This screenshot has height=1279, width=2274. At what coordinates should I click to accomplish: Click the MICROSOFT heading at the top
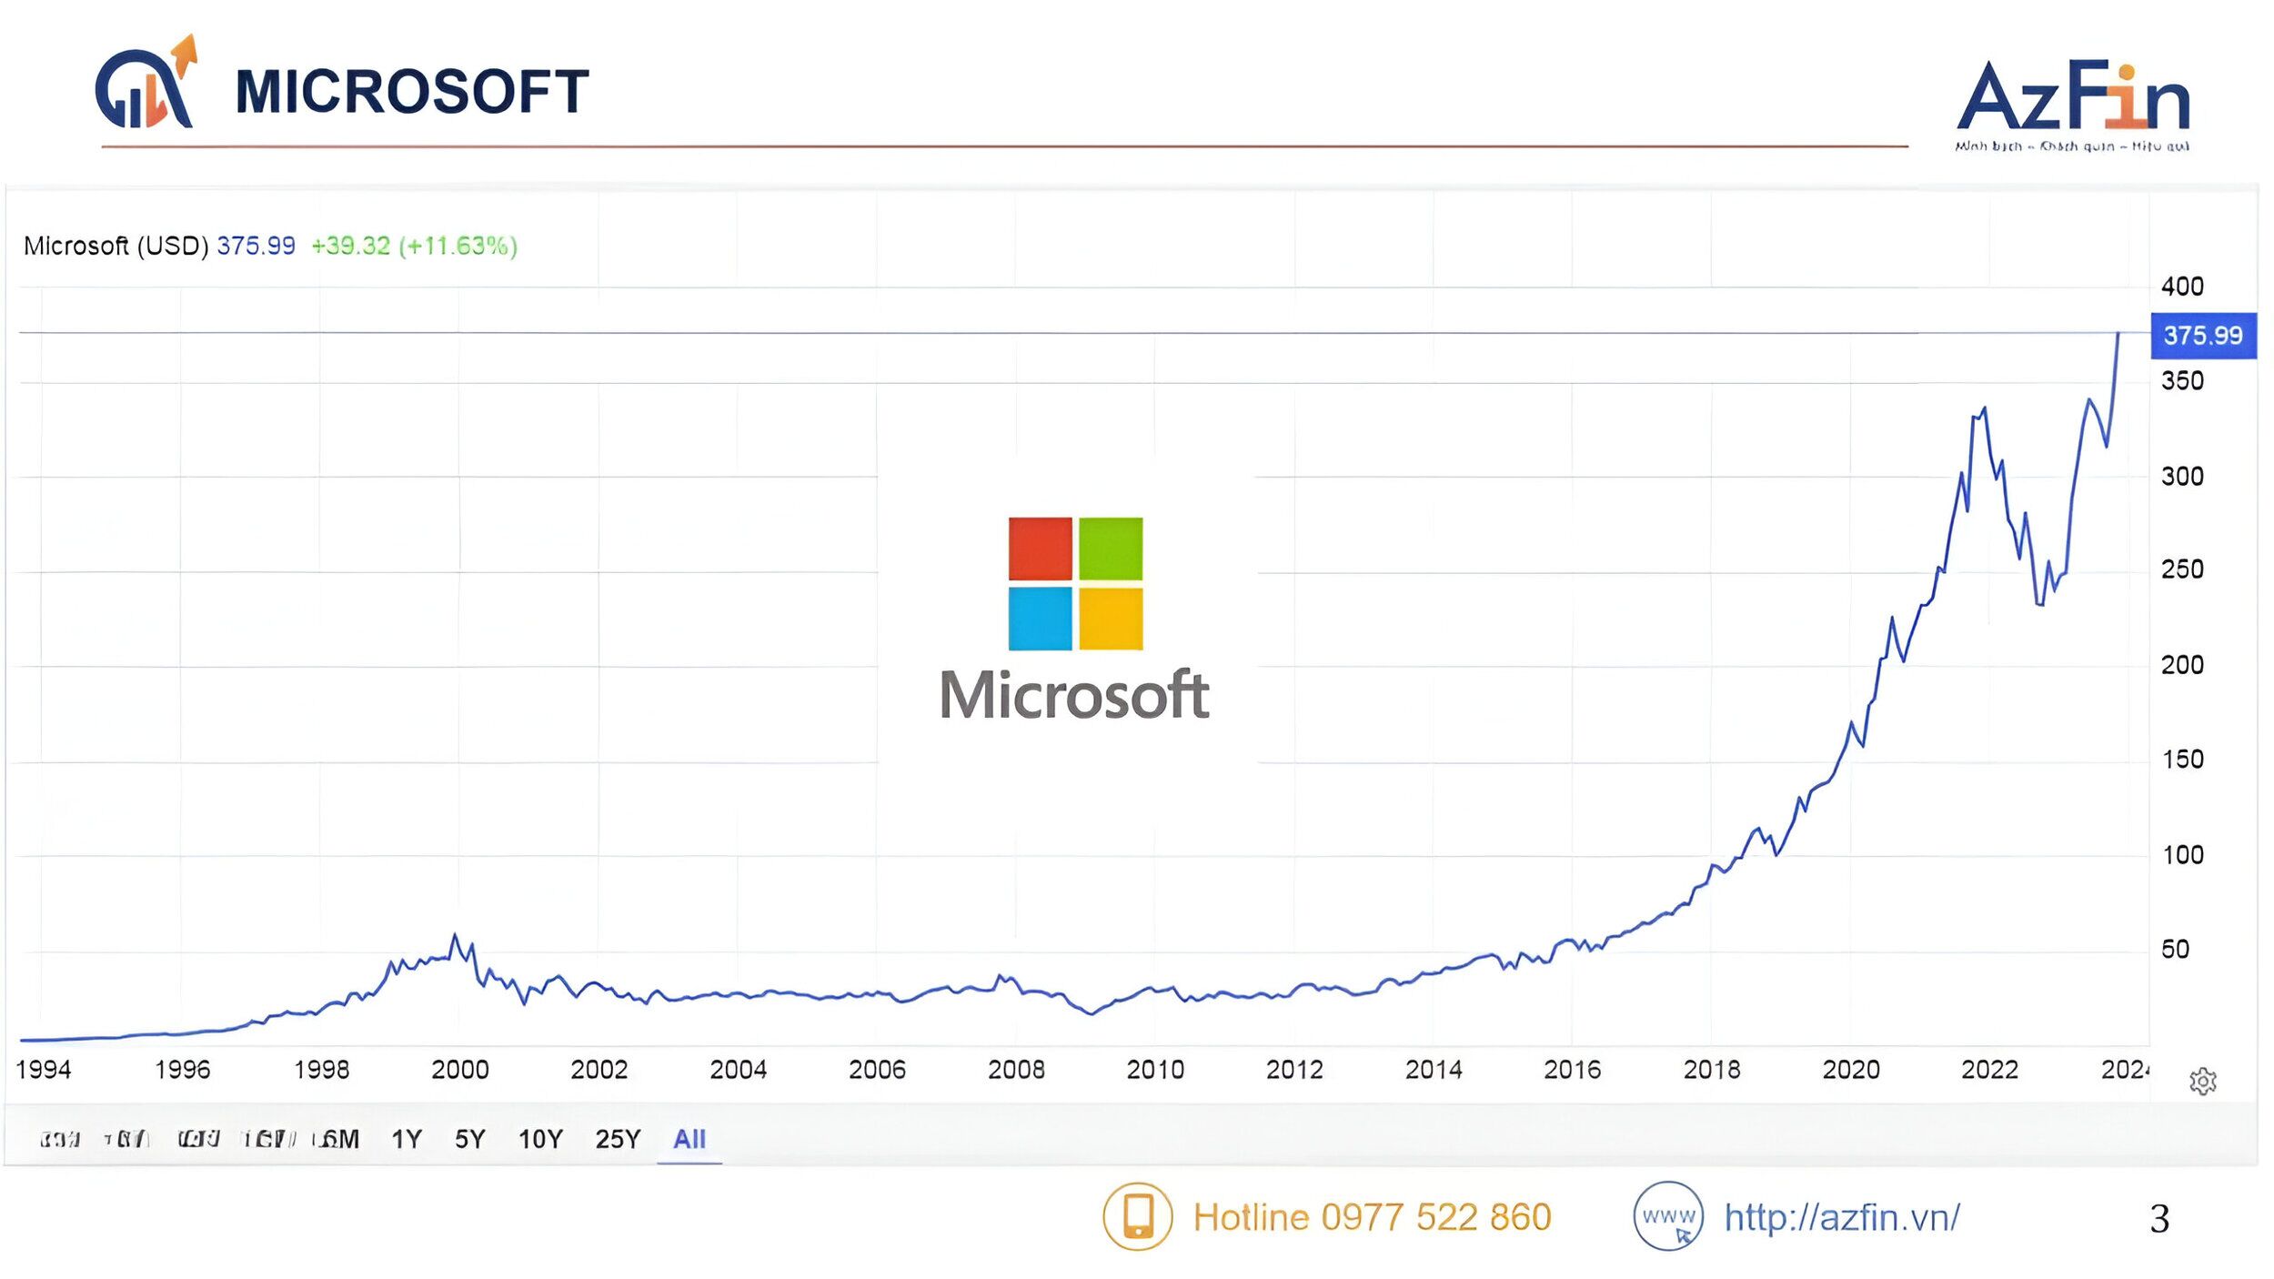click(411, 92)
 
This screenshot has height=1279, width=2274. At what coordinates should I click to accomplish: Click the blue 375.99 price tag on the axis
click(2202, 336)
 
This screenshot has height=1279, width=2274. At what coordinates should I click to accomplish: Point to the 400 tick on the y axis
click(2182, 287)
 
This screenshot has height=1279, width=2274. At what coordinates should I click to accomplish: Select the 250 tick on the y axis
click(2182, 569)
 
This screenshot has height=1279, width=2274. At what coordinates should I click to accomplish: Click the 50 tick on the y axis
click(2175, 950)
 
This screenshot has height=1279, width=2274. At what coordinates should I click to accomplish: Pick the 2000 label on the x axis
click(460, 1070)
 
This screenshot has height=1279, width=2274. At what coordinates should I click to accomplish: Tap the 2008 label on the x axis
click(1016, 1070)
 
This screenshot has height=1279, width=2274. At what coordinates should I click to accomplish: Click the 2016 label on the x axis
click(1572, 1070)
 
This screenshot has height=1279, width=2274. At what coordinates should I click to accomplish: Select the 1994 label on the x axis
click(44, 1070)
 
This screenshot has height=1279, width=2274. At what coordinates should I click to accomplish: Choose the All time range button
click(689, 1139)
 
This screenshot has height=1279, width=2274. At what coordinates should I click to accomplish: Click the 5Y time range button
click(469, 1139)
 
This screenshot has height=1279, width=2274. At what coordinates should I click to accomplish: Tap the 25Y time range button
click(618, 1139)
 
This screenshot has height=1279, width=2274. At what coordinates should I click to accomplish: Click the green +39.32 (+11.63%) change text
click(414, 246)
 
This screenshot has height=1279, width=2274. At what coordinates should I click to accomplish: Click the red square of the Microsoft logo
click(1040, 549)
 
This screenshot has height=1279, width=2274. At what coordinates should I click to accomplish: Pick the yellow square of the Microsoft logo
click(1110, 619)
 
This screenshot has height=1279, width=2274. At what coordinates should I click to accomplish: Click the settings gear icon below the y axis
click(2202, 1082)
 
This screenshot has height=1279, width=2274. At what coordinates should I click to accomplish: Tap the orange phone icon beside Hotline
click(1137, 1216)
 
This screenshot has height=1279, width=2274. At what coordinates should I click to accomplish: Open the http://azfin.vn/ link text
click(1841, 1217)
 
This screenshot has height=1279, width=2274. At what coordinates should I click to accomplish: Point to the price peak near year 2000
click(455, 936)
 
